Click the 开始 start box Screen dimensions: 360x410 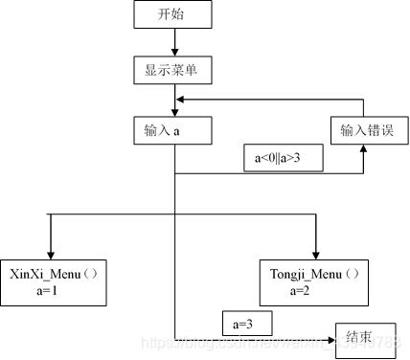[173, 16]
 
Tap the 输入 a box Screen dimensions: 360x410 [173, 130]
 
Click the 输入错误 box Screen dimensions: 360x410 [363, 130]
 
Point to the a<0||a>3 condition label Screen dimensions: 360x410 [282, 157]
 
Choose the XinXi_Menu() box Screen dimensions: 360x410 [53, 281]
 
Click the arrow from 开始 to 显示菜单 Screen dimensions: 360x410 [173, 43]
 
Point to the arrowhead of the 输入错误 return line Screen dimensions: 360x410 [180, 100]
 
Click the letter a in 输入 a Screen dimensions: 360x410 [177, 131]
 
